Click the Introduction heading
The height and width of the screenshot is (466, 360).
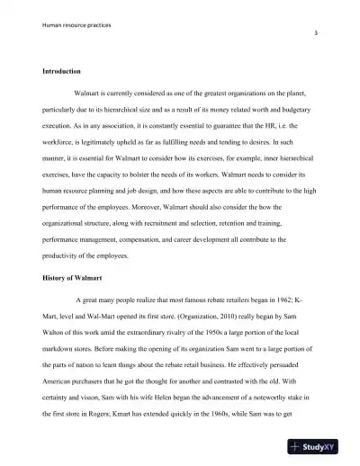[x=62, y=71]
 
